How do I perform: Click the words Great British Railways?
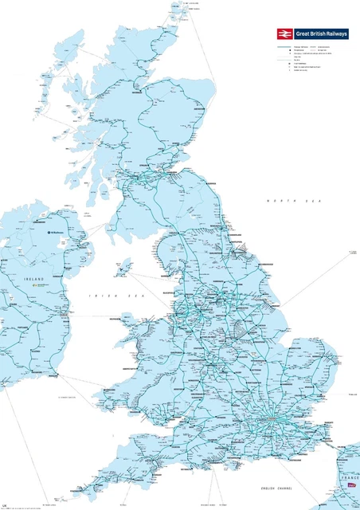coord(323,33)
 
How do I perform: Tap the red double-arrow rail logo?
coord(284,33)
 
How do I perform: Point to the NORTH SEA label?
coord(282,202)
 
